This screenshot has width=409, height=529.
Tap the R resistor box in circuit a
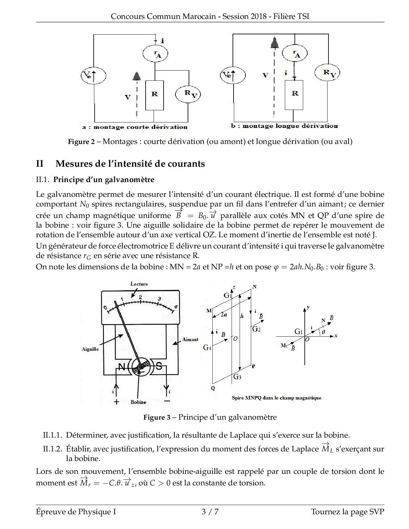(155, 95)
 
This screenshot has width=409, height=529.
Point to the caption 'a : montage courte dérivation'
(135, 127)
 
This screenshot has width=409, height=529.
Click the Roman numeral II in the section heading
(40, 164)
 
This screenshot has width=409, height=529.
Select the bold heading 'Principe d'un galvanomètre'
(104, 180)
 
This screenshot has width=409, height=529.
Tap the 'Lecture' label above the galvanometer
(139, 284)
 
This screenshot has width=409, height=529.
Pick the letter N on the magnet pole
(122, 367)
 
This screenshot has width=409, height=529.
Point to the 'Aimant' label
(191, 339)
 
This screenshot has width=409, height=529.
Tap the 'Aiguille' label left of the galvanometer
(90, 349)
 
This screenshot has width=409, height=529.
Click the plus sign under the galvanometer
(116, 402)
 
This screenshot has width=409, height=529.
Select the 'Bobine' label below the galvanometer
(138, 402)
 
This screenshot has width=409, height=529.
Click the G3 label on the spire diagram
(237, 377)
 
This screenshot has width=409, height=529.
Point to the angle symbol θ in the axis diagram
(323, 332)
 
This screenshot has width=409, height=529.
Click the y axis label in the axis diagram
(308, 307)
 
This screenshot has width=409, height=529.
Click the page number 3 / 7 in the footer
(210, 512)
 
